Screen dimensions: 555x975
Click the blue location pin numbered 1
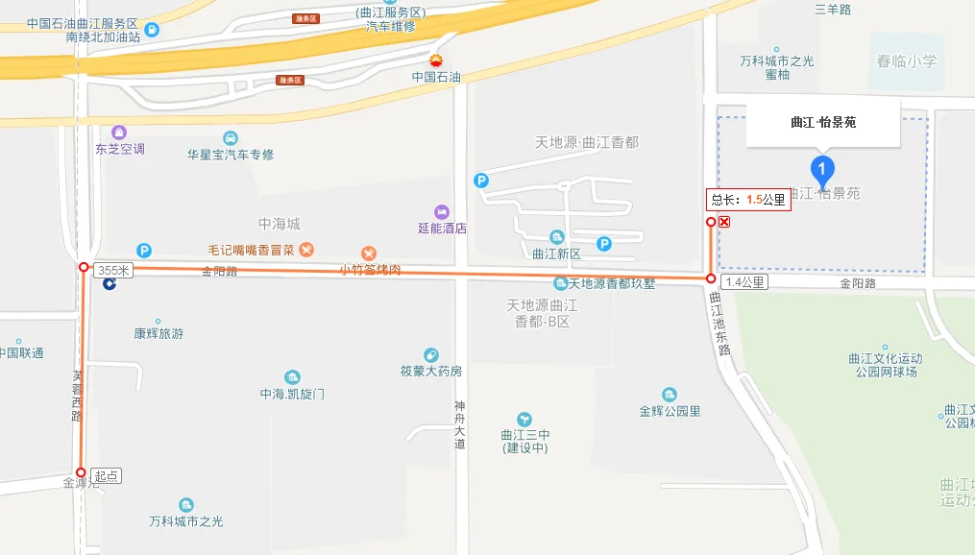click(821, 170)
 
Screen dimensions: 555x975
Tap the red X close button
click(724, 222)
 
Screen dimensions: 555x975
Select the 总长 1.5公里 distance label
click(747, 201)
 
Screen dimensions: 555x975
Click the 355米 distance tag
click(113, 271)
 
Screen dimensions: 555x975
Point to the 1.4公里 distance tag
click(744, 282)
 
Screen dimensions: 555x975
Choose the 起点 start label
click(107, 475)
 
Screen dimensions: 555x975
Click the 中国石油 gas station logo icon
click(437, 60)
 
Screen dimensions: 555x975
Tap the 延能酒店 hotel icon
click(442, 211)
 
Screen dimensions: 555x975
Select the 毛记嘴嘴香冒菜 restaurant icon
click(306, 250)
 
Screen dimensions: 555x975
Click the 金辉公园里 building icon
click(670, 395)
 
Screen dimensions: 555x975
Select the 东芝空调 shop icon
click(119, 132)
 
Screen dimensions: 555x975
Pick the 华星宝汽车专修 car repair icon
click(231, 137)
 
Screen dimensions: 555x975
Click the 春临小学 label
click(906, 61)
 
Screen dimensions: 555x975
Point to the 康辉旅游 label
click(158, 334)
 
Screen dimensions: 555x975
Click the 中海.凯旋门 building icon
click(293, 377)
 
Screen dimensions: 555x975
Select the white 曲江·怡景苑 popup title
click(823, 122)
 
